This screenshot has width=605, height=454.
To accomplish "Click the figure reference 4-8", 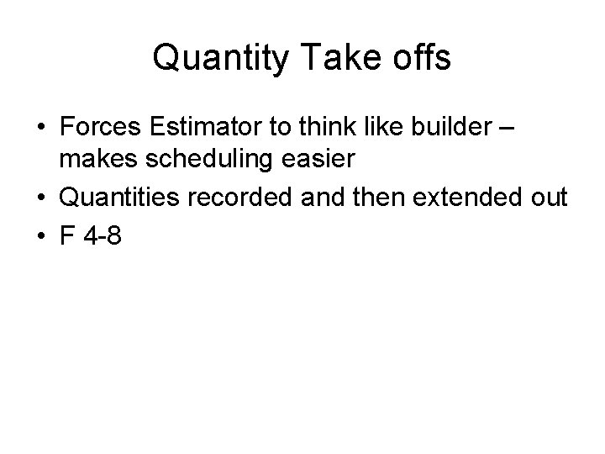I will (104, 236).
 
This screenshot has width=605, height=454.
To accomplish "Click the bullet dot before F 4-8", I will (40, 237).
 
